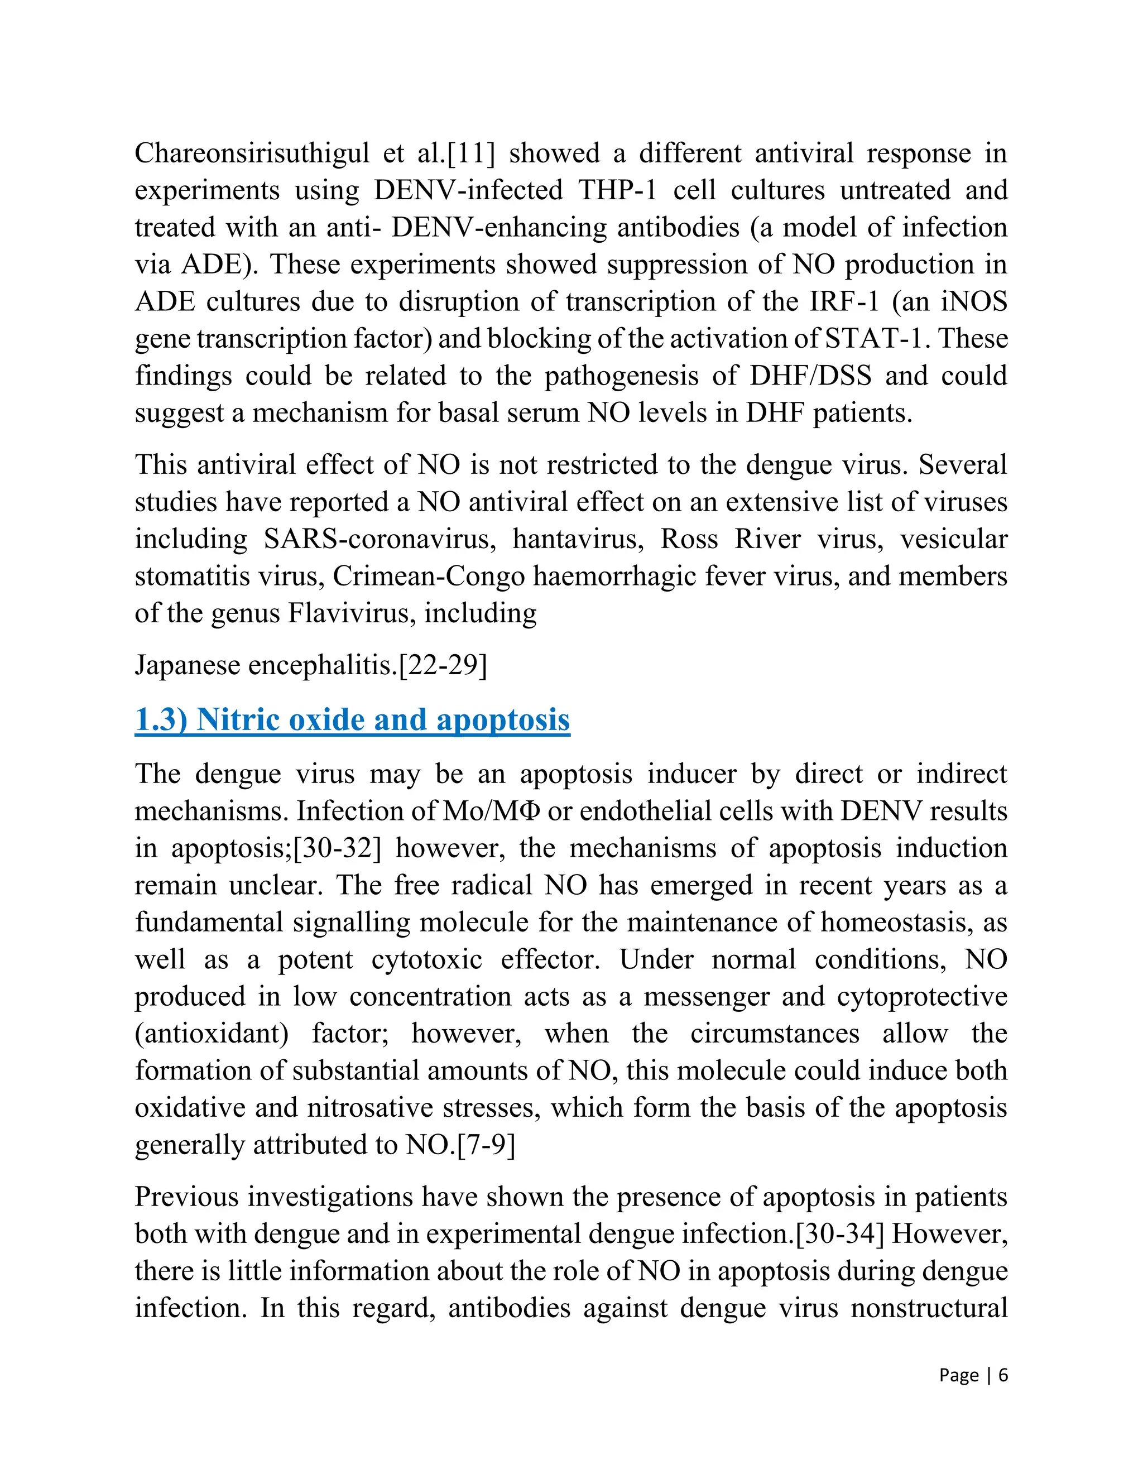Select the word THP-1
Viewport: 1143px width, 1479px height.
click(x=618, y=190)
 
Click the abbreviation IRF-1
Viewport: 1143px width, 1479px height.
click(x=844, y=301)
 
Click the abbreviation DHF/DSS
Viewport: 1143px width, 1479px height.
click(x=810, y=376)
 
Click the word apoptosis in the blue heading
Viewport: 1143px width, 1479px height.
click(x=503, y=719)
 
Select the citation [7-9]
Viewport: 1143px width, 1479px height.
click(x=486, y=1145)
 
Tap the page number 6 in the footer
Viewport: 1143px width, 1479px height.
click(x=1003, y=1375)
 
